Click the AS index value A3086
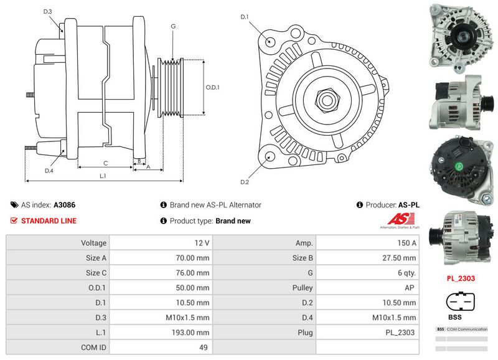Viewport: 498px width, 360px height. pyautogui.click(x=65, y=204)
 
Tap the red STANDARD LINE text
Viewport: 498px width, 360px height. pyautogui.click(x=49, y=221)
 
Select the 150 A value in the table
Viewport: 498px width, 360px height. pyautogui.click(x=405, y=243)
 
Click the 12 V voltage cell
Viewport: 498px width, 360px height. pyautogui.click(x=202, y=243)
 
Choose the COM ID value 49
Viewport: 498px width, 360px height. pyautogui.click(x=204, y=348)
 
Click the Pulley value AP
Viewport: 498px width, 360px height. pyautogui.click(x=411, y=288)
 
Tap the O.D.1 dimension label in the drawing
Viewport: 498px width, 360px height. pyautogui.click(x=213, y=87)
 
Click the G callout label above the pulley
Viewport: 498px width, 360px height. pyautogui.click(x=173, y=26)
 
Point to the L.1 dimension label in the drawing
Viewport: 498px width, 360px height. pyautogui.click(x=103, y=176)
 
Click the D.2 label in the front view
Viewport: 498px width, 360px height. pyautogui.click(x=245, y=182)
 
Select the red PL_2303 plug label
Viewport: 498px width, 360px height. pyautogui.click(x=461, y=278)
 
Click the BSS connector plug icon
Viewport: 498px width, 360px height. pyautogui.click(x=461, y=303)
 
